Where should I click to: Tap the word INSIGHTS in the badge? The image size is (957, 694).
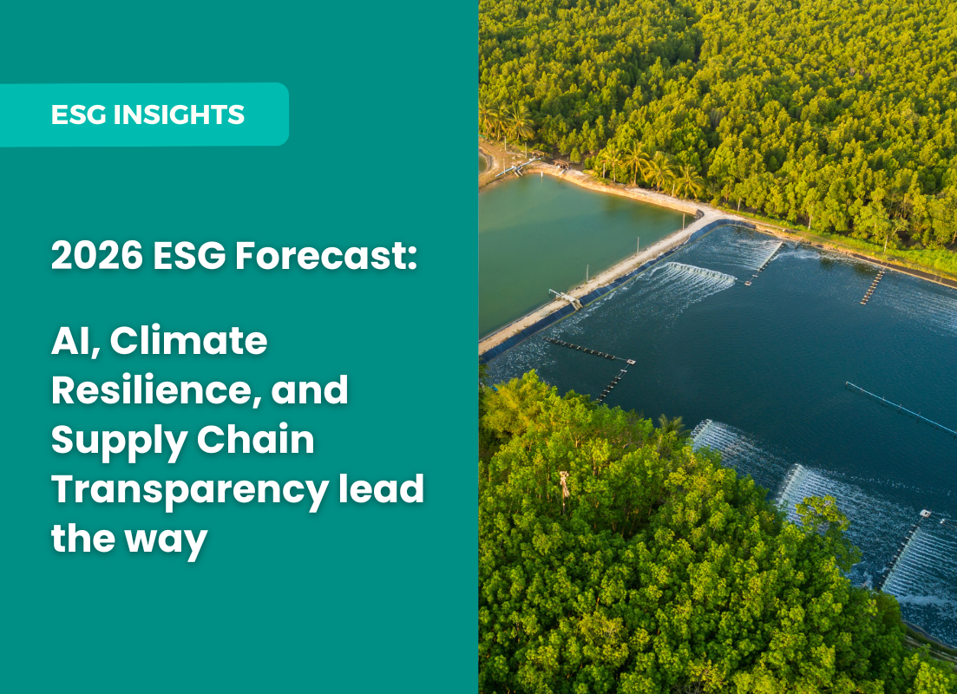coord(179,115)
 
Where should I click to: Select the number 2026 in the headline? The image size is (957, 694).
coord(97,255)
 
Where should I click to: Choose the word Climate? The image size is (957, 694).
coord(188,341)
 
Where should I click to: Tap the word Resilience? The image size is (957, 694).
coord(156,390)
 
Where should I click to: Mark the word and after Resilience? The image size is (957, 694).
coord(310,390)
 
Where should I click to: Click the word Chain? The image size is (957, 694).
coord(256,440)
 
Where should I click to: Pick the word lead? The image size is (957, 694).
coord(382,489)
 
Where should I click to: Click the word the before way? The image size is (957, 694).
coord(83,539)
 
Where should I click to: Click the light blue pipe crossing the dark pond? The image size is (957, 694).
coord(901,409)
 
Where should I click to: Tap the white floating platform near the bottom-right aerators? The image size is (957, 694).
coord(925,514)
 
